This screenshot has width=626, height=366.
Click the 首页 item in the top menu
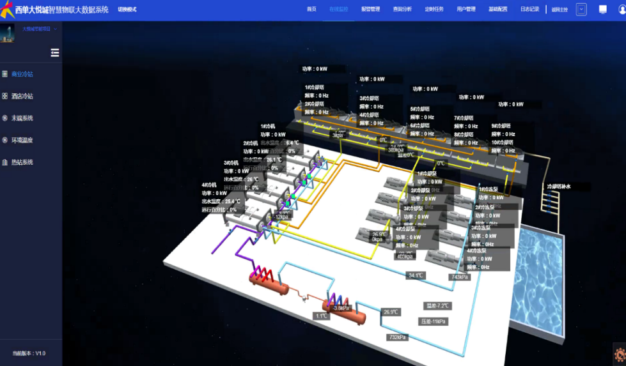point(311,10)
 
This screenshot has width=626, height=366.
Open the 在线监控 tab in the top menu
point(338,10)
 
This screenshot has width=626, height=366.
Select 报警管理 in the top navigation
point(370,10)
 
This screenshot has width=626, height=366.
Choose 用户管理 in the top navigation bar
point(466,10)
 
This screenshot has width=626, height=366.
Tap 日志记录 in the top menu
point(529,10)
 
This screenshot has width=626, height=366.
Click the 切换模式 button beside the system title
point(127,10)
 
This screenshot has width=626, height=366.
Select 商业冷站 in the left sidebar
point(22,74)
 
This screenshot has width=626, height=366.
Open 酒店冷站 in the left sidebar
point(22,96)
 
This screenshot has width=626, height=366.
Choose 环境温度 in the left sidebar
point(22,141)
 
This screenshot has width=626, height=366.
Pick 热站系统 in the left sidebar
point(22,162)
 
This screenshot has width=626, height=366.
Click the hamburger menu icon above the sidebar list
point(55,53)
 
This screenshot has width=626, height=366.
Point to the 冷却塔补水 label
point(558,187)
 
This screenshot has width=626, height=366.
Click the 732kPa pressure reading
point(397,337)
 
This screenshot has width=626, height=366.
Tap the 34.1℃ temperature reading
point(416,275)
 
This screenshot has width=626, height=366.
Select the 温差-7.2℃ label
point(438,306)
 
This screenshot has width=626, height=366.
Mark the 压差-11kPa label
point(434,321)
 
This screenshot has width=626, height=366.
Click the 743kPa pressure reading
point(460,277)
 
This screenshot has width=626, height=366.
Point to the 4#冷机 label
point(210,185)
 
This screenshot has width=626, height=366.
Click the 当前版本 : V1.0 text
point(29,353)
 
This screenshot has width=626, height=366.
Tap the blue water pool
point(540,281)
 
